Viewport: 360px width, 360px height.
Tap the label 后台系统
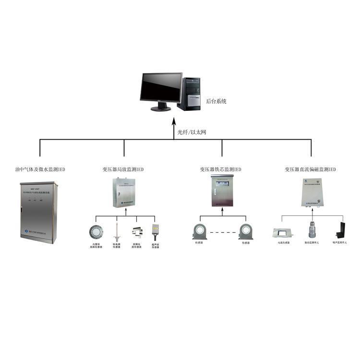click(x=216, y=102)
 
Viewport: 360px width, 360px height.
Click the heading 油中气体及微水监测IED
click(x=40, y=169)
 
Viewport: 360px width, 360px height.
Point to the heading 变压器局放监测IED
click(x=123, y=169)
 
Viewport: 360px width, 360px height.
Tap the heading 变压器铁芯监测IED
click(x=221, y=169)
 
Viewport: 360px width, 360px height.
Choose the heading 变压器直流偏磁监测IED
click(x=310, y=169)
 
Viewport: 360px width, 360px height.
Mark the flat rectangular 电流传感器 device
click(x=281, y=232)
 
